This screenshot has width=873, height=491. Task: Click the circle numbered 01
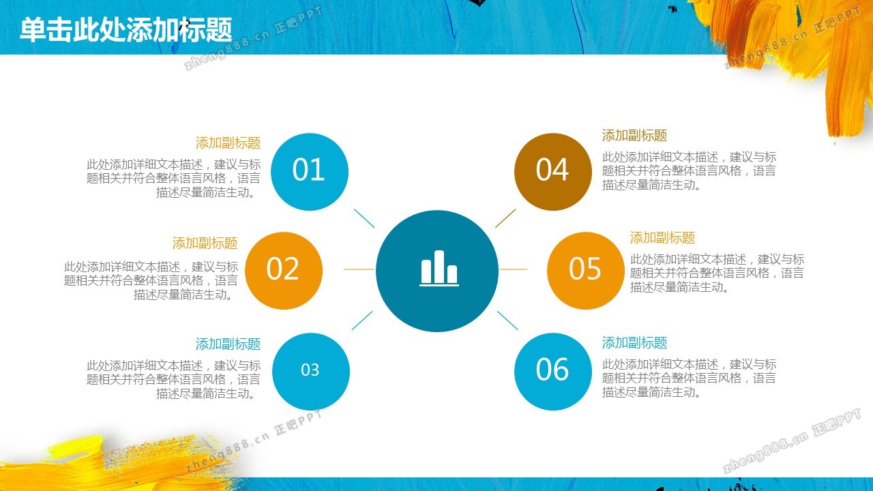pos(310,172)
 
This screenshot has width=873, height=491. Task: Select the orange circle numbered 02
pos(284,271)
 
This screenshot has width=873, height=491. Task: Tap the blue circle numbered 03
pos(310,372)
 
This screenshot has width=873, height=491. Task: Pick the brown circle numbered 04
pos(553,172)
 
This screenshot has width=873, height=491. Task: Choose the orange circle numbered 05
pos(586,271)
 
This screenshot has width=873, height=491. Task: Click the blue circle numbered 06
pos(553,372)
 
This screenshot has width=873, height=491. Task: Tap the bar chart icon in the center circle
pos(439,268)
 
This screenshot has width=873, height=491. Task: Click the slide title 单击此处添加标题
pos(126,30)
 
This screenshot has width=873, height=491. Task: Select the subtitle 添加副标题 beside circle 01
pos(228,143)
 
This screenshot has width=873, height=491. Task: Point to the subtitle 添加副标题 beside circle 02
pos(205,243)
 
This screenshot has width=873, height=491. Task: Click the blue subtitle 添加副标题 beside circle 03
pos(228,344)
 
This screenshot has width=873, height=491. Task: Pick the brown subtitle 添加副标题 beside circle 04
pos(634,136)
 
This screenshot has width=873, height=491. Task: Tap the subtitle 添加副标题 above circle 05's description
pos(662,238)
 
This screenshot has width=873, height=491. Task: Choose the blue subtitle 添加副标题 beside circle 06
pos(634,343)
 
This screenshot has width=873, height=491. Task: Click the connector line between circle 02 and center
pos(359,269)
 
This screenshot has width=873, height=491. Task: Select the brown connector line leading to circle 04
pos(505,218)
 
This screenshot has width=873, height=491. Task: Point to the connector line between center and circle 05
pos(514,269)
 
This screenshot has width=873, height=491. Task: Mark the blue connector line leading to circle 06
pos(507,321)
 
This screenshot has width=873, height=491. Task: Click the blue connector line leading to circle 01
pos(364,218)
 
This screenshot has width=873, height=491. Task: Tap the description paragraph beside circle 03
pos(173,380)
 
